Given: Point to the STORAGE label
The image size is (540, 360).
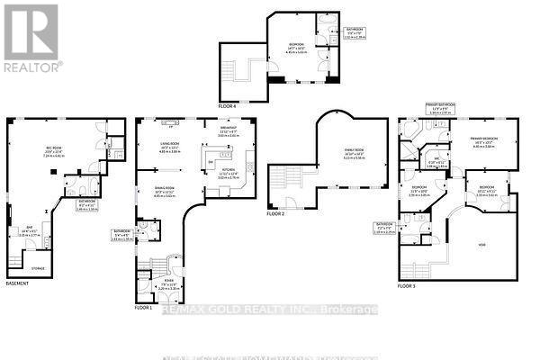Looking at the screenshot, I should tap(37, 267).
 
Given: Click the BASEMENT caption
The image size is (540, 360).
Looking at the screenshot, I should tap(18, 283).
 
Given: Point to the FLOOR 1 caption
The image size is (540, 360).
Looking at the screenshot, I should tap(144, 308).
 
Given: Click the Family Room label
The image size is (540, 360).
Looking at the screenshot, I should tap(327, 150).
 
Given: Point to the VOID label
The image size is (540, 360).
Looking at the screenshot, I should tap(482, 243).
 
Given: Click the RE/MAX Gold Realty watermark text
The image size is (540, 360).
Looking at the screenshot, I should tap(269, 310).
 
